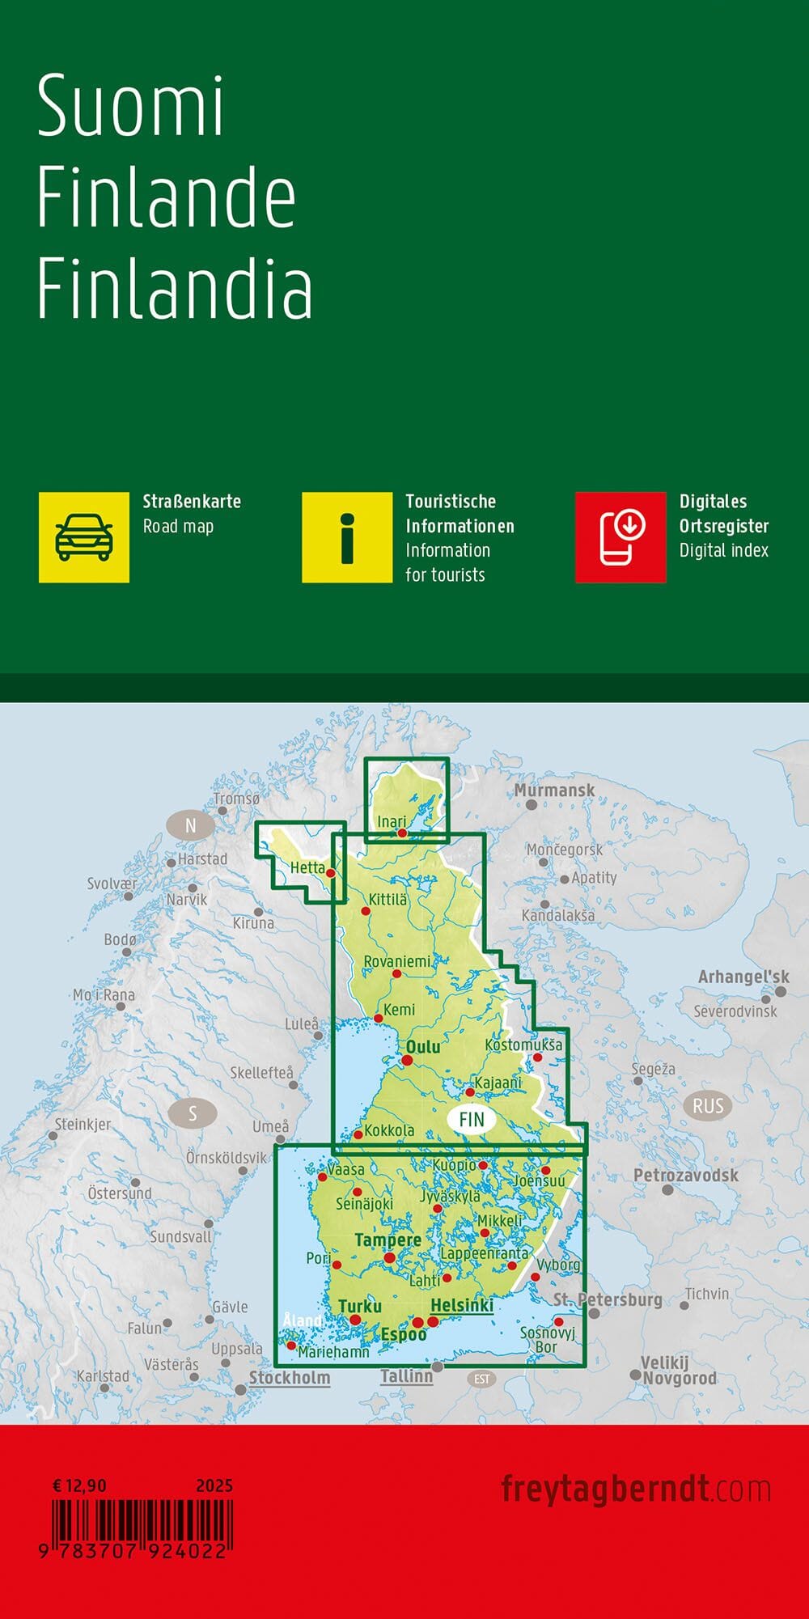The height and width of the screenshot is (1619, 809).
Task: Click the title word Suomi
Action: (130, 106)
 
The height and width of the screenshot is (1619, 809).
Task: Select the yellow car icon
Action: (84, 537)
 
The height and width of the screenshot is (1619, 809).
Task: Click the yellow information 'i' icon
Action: (347, 537)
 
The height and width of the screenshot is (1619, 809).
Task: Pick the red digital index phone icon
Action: (621, 537)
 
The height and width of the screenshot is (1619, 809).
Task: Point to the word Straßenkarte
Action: (192, 502)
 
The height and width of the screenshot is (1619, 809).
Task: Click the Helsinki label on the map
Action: (462, 1305)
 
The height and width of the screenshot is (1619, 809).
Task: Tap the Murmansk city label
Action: (555, 790)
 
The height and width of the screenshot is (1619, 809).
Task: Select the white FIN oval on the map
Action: (471, 1120)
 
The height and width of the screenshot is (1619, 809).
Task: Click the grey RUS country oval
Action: (707, 1106)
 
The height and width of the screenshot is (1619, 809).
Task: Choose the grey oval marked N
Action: (191, 826)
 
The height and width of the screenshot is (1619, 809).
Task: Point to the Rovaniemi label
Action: (397, 961)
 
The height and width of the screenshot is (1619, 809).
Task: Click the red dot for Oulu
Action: (407, 1060)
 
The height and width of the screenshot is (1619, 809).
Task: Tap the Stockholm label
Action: (290, 1377)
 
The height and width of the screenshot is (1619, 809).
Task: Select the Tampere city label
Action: (388, 1240)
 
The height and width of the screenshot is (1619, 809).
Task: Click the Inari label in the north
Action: (392, 821)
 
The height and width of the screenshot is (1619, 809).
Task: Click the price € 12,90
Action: (79, 1485)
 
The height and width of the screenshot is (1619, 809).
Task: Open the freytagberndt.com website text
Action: (636, 1489)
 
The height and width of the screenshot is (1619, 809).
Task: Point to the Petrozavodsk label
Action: (686, 1175)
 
